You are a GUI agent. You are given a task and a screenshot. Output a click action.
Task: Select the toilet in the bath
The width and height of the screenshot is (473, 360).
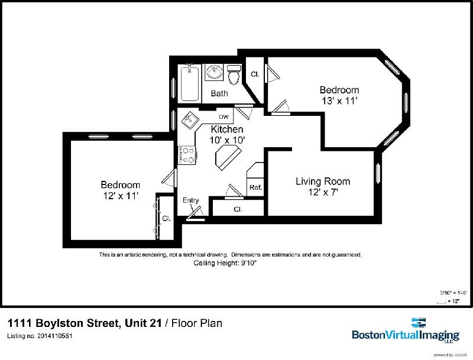[234, 75]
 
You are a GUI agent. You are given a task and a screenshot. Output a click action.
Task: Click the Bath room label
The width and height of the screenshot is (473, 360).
[219, 93]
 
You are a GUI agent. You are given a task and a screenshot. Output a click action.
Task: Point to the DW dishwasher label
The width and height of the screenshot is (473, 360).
[224, 116]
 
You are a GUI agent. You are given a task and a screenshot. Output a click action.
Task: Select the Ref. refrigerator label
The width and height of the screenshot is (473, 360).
[255, 187]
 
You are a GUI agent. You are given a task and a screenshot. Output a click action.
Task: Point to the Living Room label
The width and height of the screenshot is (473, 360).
[322, 181]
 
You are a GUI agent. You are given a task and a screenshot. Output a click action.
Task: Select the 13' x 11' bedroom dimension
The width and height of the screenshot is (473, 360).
[339, 100]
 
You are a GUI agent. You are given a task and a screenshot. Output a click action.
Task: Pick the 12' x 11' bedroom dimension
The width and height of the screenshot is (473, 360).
[119, 196]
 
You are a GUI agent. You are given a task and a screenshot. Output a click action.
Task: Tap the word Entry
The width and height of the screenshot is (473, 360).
[190, 200]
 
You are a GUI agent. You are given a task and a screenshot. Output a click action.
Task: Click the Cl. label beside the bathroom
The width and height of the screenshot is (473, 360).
[255, 74]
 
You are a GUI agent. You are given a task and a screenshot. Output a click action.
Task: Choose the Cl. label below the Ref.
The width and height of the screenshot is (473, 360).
[238, 209]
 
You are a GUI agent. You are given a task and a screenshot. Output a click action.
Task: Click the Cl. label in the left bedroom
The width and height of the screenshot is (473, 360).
[167, 218]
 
